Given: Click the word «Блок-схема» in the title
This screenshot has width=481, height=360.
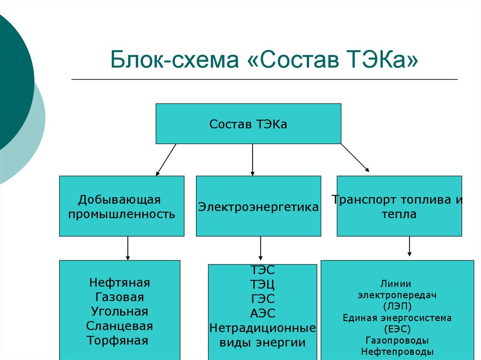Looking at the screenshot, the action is point(174,59).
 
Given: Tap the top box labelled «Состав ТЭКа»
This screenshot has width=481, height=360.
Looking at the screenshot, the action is point(248,123).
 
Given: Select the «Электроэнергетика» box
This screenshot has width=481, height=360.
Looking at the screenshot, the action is point(259,206).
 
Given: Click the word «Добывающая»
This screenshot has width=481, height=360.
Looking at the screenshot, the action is point(119,199).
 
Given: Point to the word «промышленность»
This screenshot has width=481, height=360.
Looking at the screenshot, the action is point(122,214).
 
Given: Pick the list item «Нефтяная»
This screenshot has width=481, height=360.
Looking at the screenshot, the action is point(120,283).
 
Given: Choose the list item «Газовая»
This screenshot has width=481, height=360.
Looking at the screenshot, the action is point(120,297).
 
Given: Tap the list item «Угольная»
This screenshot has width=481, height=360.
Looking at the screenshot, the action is point(120,312).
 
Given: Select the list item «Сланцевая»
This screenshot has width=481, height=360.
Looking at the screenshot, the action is point(120,326).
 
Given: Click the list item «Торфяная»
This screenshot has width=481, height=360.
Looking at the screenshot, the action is point(117,340).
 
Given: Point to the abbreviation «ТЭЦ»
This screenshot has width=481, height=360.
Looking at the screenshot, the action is point(263,284).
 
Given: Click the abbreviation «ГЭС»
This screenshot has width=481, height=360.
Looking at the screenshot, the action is point(263,299).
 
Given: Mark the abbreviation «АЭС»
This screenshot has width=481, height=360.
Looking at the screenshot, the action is point(263,314).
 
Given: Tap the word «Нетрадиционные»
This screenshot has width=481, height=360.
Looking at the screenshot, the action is point(263,328).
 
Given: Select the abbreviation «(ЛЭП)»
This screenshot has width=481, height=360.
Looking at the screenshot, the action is point(397,306).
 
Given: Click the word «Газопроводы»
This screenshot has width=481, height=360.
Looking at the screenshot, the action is point(397,340).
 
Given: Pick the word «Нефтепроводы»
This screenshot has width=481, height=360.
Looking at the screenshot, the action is point(397,352).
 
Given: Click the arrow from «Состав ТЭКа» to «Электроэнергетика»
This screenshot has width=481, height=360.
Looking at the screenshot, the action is point(252,160).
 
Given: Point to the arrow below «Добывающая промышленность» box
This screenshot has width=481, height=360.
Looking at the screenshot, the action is point(128,248).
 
